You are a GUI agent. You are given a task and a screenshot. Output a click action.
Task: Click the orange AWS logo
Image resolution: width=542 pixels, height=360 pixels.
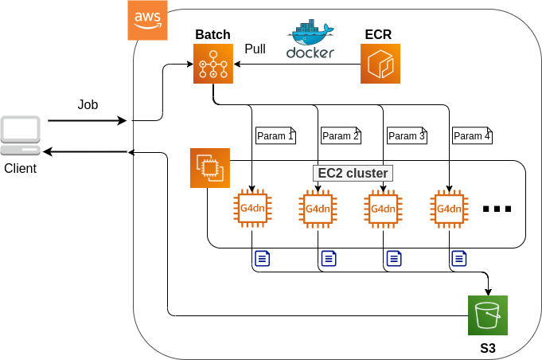[x=148, y=19]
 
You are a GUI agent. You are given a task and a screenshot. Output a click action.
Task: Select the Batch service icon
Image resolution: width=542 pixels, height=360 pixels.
[x=213, y=64]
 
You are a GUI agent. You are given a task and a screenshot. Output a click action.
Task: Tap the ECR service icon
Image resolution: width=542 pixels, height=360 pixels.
[x=380, y=64]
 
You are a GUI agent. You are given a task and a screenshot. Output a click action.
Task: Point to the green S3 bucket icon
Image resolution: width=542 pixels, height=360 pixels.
[x=487, y=315]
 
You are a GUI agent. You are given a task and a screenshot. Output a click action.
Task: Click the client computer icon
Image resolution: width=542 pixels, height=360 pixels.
[x=21, y=135]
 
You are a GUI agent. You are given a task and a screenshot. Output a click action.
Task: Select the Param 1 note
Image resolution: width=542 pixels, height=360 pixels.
[x=275, y=135]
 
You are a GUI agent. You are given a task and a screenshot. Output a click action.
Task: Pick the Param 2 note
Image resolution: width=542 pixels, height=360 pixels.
[x=341, y=135]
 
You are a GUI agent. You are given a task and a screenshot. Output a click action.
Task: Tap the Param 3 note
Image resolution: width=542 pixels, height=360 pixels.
[x=407, y=135]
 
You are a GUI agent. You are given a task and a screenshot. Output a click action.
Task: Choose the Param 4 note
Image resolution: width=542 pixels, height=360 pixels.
[x=472, y=135]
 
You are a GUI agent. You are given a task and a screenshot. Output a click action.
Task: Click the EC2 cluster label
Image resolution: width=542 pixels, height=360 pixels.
[x=353, y=173]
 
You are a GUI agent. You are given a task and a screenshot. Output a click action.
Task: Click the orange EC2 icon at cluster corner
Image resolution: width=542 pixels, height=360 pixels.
[x=209, y=168]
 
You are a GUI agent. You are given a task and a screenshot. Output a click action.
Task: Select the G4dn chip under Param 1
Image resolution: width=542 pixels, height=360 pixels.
[x=252, y=209]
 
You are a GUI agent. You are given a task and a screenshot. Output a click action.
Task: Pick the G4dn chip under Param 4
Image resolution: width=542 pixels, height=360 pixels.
[x=449, y=209]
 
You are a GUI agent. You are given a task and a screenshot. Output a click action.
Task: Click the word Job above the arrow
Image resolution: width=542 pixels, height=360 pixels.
[x=88, y=104]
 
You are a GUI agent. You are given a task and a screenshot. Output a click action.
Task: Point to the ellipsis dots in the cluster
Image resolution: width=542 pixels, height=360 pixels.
[x=497, y=209]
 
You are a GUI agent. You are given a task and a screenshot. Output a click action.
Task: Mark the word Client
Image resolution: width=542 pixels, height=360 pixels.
[x=21, y=169]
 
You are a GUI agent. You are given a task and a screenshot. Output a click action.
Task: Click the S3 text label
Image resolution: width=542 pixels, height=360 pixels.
[x=487, y=348]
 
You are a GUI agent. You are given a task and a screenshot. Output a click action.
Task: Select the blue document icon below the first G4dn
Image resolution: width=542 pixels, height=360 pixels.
[x=263, y=258]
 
